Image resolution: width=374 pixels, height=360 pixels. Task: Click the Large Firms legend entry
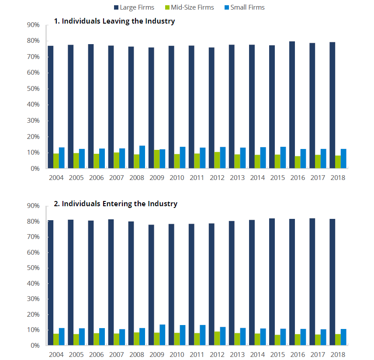(137, 7)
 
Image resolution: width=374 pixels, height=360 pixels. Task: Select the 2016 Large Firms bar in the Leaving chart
(292, 105)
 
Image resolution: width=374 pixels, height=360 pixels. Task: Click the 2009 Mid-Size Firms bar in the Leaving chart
(156, 159)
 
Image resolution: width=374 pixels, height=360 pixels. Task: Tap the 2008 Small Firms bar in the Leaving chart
(142, 157)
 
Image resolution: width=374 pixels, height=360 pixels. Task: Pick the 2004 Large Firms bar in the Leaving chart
(50, 107)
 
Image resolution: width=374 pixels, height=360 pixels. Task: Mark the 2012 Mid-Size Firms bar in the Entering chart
(217, 338)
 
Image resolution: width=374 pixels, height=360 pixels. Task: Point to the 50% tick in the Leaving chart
(34, 89)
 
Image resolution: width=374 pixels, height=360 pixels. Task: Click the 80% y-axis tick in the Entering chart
(34, 222)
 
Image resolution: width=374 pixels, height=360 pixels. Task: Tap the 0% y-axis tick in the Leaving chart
(35, 168)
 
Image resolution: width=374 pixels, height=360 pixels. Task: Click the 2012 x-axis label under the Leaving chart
(217, 178)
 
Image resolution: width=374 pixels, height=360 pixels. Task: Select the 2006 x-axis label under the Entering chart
(96, 354)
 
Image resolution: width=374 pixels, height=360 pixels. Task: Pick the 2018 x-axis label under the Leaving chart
(338, 178)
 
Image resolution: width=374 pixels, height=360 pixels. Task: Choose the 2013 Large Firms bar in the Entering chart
(232, 283)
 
